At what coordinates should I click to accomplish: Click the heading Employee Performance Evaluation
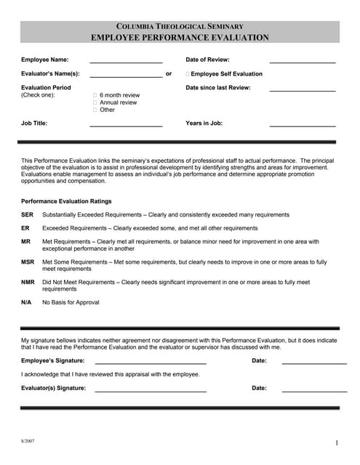click(180, 38)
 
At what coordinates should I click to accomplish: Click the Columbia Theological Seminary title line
click(180, 26)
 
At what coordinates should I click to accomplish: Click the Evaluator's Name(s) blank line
click(126, 75)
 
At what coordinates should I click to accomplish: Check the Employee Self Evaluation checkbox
click(188, 74)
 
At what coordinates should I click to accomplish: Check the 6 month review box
click(95, 95)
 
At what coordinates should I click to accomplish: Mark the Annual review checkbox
click(95, 102)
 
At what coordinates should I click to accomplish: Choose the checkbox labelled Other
click(95, 110)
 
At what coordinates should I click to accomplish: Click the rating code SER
click(28, 215)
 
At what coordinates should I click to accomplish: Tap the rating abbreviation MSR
click(28, 262)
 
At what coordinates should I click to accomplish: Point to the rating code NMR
click(28, 282)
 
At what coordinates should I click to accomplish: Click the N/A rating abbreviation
click(26, 302)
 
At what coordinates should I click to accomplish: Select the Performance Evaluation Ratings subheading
click(66, 201)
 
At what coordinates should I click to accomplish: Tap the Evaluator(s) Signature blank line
click(151, 390)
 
